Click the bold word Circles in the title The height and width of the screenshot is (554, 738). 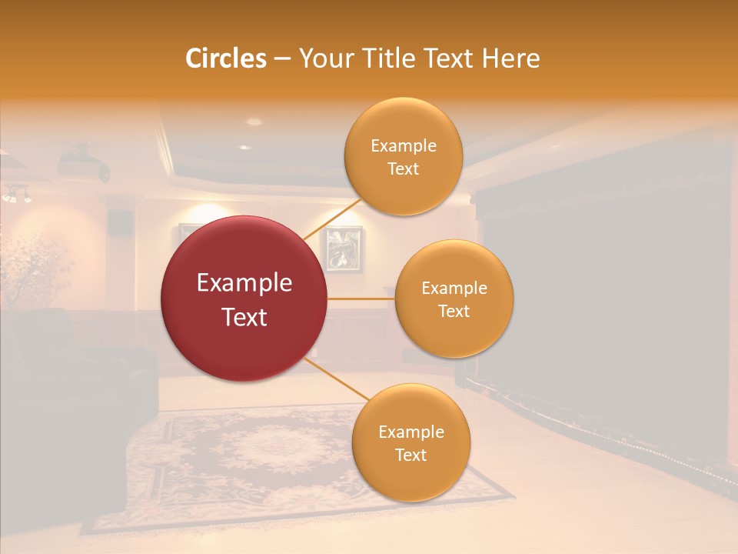226,58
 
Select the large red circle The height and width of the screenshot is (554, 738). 244,299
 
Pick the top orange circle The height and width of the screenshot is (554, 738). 403,157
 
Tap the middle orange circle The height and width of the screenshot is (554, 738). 454,299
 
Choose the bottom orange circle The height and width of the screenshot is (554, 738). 411,443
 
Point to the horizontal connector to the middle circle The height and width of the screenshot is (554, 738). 361,299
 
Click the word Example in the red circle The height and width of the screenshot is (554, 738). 244,283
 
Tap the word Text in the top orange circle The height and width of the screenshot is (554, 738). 403,169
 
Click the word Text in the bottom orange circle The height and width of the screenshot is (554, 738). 411,456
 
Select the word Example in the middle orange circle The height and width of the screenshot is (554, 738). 454,288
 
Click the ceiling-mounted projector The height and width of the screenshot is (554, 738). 83,163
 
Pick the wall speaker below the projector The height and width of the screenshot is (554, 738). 118,221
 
